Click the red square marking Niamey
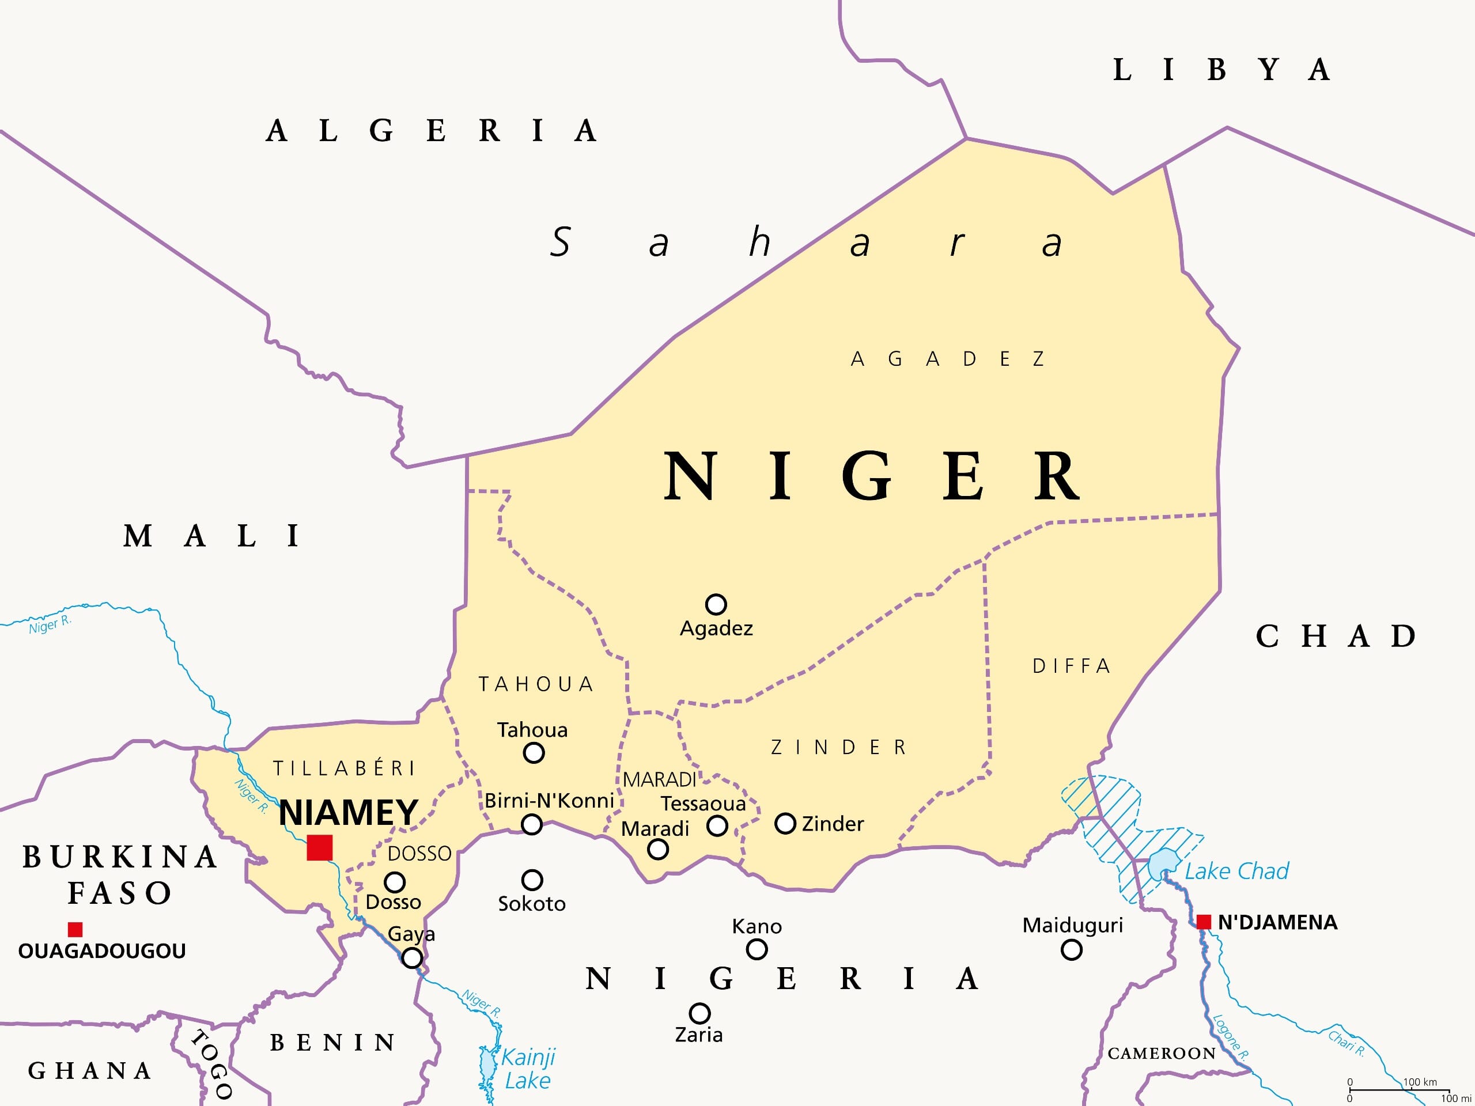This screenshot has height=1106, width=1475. [319, 847]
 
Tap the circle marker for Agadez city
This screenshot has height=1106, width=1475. [716, 604]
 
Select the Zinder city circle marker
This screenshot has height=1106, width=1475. [785, 823]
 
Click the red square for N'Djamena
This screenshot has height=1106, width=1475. [1204, 922]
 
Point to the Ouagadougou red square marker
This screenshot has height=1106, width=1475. [75, 929]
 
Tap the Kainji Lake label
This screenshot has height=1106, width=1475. [527, 1069]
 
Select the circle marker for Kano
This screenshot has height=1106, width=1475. [756, 949]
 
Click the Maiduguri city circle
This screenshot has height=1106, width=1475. [1071, 950]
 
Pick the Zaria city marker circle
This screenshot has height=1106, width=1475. [699, 1013]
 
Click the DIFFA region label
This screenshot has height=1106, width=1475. [1071, 665]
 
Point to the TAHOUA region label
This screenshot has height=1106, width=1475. [535, 684]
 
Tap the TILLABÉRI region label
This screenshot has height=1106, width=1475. [344, 768]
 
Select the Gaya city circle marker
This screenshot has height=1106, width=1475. [412, 958]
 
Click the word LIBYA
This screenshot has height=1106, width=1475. [1221, 69]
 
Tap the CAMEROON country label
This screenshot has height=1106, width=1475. [1162, 1054]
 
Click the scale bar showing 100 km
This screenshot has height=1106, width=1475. [1399, 1090]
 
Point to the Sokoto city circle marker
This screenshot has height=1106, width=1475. [531, 880]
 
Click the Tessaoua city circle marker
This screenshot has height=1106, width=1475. [717, 826]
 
